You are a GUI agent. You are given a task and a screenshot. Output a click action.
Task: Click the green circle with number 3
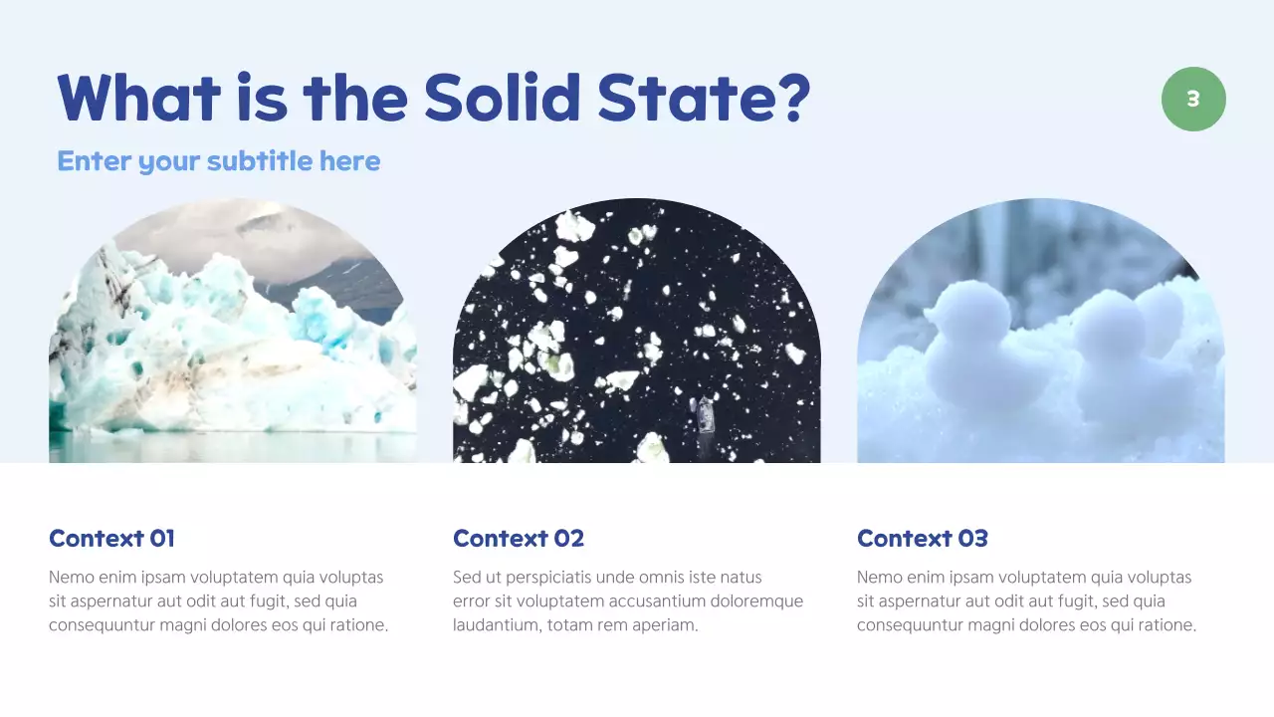[1193, 99]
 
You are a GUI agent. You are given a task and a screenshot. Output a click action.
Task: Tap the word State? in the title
[704, 98]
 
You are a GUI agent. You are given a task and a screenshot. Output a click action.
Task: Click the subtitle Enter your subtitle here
[219, 161]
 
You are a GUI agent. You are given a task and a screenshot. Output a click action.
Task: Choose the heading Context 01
[111, 539]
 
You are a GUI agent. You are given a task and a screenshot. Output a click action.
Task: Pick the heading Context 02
[519, 539]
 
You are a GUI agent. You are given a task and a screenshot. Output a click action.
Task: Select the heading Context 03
[923, 539]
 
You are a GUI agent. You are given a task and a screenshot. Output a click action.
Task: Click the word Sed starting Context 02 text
[467, 578]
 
